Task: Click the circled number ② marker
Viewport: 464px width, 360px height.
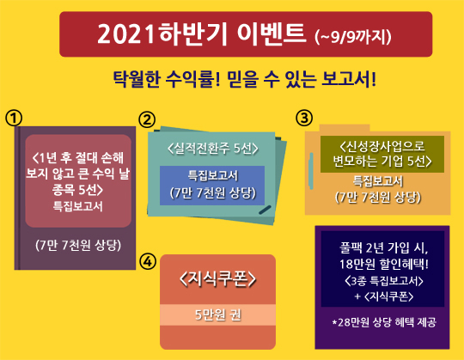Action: (x=147, y=119)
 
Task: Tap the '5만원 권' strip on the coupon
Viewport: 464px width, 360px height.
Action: (x=217, y=314)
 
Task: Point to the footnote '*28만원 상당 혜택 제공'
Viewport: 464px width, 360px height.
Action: (x=385, y=321)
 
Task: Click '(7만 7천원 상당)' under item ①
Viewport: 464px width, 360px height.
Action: (x=77, y=244)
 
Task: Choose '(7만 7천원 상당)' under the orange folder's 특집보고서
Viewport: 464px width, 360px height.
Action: (x=378, y=196)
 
